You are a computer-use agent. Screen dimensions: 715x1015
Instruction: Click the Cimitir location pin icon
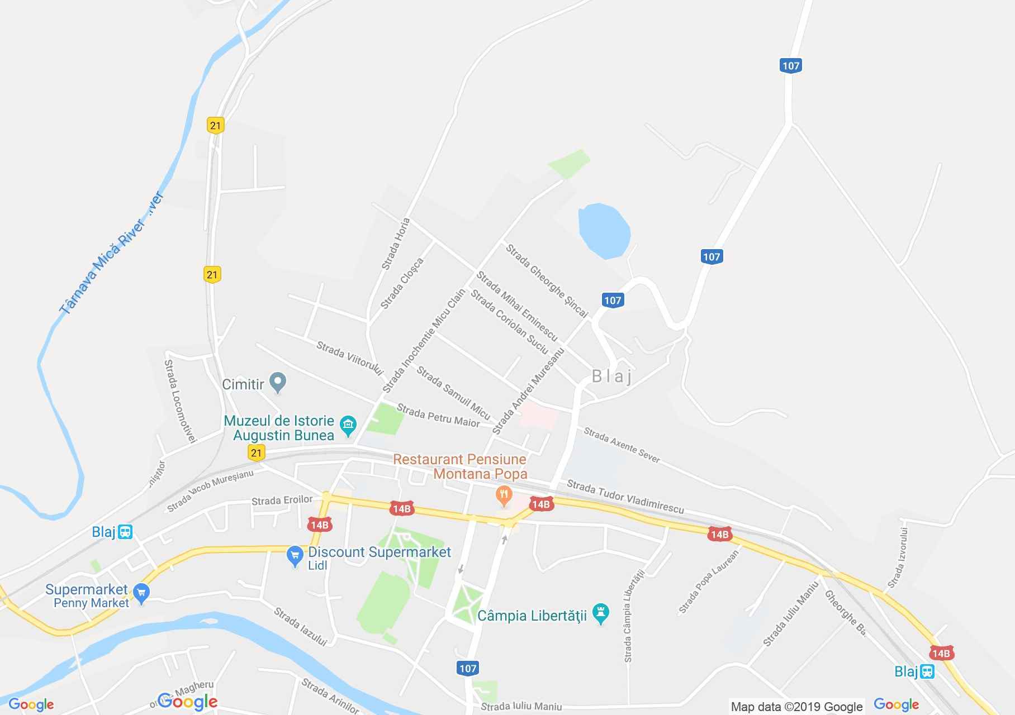278,383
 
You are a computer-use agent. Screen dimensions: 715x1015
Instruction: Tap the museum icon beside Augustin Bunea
348,427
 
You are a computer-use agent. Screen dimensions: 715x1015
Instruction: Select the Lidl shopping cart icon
295,556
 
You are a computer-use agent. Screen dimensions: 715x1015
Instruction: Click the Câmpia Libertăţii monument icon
601,614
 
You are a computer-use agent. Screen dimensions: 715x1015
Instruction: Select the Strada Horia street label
396,244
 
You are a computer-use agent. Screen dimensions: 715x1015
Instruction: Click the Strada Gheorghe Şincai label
547,280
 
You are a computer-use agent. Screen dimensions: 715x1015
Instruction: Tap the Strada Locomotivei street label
181,401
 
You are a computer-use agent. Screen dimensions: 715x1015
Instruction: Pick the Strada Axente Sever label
622,445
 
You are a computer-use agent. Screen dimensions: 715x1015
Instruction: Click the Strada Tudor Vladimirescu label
625,497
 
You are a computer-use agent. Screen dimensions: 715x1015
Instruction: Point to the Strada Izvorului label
898,557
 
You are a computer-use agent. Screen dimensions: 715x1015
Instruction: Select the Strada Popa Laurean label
708,581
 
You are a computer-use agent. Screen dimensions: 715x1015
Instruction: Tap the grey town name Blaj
612,376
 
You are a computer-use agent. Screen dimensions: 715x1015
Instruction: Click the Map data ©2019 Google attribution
796,707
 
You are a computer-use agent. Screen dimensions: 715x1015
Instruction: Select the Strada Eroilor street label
282,500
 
